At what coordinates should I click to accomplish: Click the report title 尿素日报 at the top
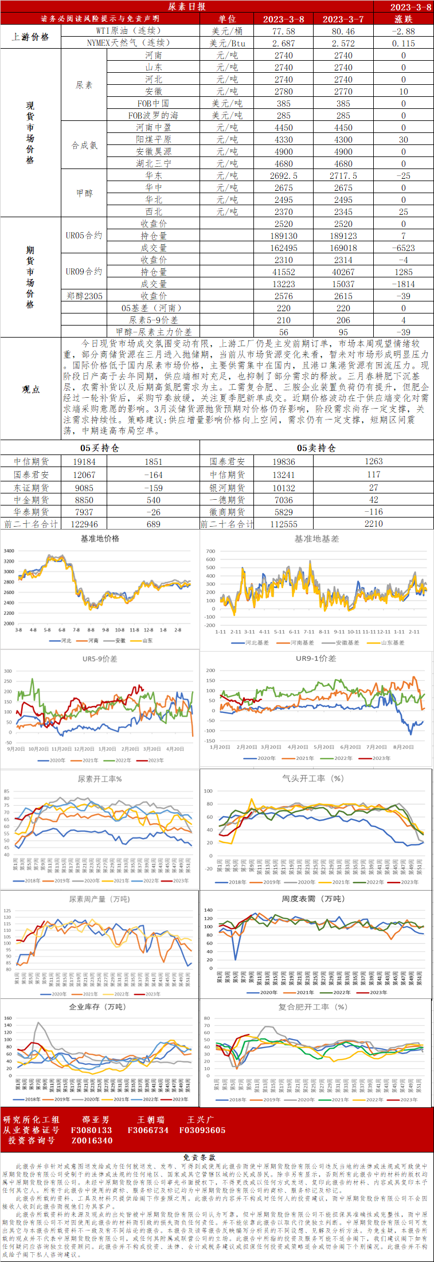[187, 6]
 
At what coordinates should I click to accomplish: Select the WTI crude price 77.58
[284, 31]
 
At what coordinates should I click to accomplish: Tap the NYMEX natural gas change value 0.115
[404, 43]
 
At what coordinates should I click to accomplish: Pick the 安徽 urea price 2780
[284, 92]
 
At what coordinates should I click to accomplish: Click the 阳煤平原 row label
[154, 140]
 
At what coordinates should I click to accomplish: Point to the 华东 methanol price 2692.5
[284, 176]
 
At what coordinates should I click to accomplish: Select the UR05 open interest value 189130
[284, 236]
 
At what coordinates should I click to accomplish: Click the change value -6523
[404, 248]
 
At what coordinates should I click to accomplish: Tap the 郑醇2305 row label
[84, 296]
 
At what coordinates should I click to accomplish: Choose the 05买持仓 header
[100, 448]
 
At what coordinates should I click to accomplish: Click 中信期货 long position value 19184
[84, 461]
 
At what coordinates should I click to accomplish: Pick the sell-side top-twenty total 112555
[284, 524]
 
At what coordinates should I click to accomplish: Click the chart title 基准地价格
[100, 539]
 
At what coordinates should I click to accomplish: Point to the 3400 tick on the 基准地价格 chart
[9, 551]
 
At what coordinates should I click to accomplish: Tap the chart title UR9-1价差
[316, 659]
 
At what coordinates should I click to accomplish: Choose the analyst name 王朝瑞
[151, 1119]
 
